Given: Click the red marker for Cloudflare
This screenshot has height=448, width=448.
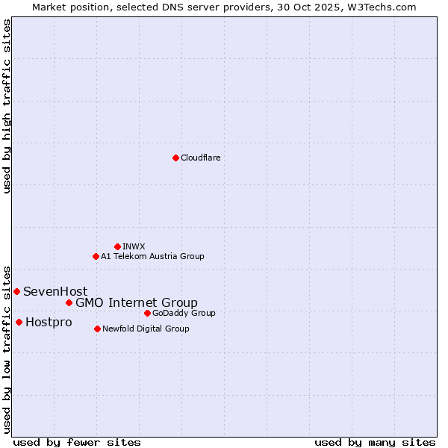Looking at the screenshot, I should click(x=175, y=158).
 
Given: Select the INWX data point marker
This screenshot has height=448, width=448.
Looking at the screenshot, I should click(x=117, y=246).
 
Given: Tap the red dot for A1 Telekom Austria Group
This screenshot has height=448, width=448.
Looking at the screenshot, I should click(x=96, y=256).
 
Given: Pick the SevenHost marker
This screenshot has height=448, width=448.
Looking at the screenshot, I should click(x=16, y=291).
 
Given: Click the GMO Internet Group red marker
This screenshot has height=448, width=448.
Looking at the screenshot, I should click(x=69, y=302).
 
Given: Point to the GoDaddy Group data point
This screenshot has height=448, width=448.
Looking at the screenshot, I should click(x=147, y=313).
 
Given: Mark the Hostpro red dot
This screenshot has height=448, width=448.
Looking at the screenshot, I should click(x=19, y=322).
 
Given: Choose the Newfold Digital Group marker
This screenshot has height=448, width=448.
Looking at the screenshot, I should click(x=97, y=329).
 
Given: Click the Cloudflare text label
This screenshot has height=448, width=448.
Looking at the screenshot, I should click(x=200, y=158).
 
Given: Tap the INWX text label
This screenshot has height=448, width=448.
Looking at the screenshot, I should click(x=134, y=246).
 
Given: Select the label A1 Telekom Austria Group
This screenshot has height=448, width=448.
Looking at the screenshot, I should click(x=152, y=256).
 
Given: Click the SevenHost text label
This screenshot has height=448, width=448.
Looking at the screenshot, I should click(x=55, y=291).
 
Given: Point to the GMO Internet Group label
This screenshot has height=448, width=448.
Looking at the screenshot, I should click(x=137, y=302).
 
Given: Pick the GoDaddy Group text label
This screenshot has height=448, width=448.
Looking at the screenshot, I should click(x=184, y=313).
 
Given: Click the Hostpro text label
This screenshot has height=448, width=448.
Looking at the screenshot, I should click(x=49, y=323).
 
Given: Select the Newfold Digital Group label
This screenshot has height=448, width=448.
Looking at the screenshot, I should click(x=146, y=329).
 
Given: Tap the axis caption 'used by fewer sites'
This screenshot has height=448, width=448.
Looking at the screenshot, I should click(x=77, y=442).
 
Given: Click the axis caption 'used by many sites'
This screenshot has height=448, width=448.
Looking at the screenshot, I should click(x=375, y=442).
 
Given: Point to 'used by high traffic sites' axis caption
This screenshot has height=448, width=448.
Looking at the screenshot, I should click(x=7, y=106).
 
